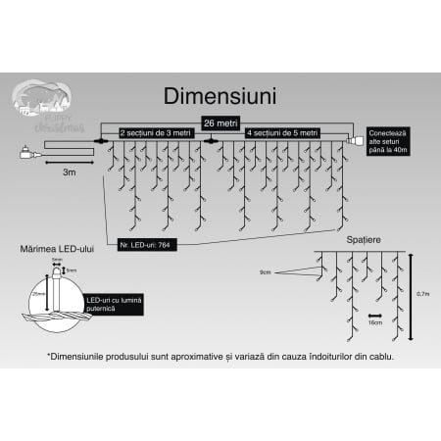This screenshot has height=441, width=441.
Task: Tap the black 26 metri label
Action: tap(220, 122)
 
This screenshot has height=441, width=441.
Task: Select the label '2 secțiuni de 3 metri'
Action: tap(156, 131)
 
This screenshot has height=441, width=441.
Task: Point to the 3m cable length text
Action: tap(70, 171)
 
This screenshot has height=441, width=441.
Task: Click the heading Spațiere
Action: tap(365, 239)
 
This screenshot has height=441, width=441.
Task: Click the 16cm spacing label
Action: tap(373, 320)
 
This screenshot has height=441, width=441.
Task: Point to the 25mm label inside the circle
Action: tap(37, 293)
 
